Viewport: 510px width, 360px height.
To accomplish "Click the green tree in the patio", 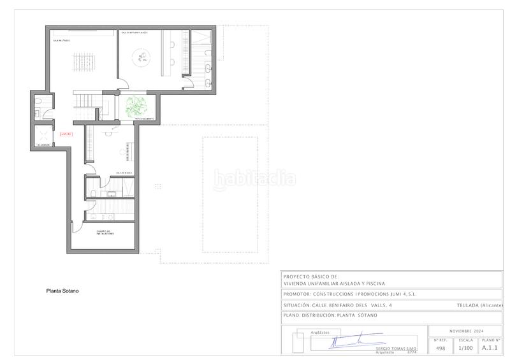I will (135, 105).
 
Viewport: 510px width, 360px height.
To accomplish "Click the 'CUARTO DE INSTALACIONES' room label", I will (105, 233).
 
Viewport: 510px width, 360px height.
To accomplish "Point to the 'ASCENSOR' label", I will (43, 145).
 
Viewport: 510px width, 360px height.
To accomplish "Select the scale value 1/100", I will (466, 349).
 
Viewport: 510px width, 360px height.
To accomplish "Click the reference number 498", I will (440, 349).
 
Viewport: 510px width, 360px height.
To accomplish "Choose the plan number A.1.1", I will (490, 349).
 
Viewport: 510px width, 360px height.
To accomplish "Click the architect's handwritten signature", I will (347, 341).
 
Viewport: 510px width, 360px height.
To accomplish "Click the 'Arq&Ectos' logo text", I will (319, 332).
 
